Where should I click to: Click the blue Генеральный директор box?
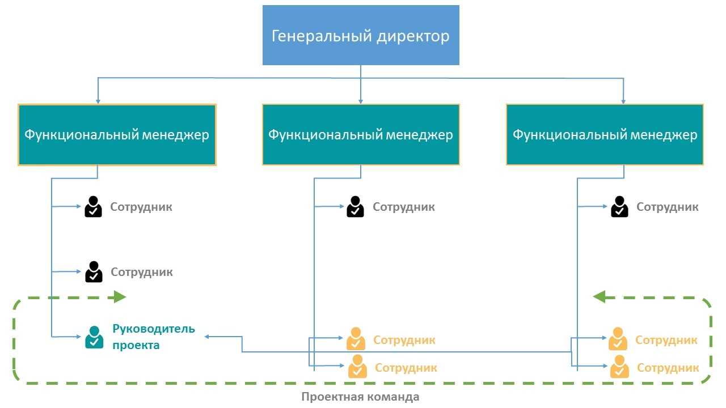pyautogui.click(x=361, y=35)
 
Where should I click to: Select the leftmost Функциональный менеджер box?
pyautogui.click(x=117, y=135)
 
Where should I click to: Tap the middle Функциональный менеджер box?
pyautogui.click(x=361, y=135)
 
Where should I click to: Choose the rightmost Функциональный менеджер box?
pyautogui.click(x=605, y=135)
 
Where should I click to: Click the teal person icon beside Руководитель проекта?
pyautogui.click(x=94, y=337)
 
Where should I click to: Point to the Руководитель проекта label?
pyautogui.click(x=153, y=337)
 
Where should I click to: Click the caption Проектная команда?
pyautogui.click(x=360, y=397)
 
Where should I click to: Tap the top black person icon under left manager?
pyautogui.click(x=94, y=207)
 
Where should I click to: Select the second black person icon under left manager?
pyautogui.click(x=94, y=272)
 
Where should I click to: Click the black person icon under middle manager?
pyautogui.click(x=356, y=207)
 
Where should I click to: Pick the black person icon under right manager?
pyautogui.click(x=619, y=207)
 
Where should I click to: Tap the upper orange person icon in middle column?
pyautogui.click(x=356, y=339)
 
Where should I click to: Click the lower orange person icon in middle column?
pyautogui.click(x=357, y=367)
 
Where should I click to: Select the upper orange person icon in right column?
pyautogui.click(x=618, y=339)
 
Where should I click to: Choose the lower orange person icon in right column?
pyautogui.click(x=619, y=367)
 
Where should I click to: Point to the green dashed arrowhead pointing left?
pyautogui.click(x=600, y=296)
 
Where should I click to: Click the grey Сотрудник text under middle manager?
pyautogui.click(x=404, y=207)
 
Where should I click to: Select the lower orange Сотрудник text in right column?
pyautogui.click(x=668, y=368)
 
